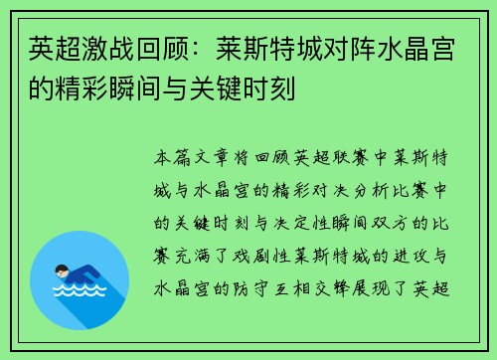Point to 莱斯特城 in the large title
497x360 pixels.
[x=269, y=49]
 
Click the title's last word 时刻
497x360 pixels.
[x=269, y=89]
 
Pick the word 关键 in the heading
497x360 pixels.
[x=216, y=89]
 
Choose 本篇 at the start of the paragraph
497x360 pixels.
[x=172, y=158]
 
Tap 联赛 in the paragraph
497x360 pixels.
[x=350, y=158]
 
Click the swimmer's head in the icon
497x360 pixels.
[x=62, y=271]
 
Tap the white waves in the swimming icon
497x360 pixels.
[x=80, y=289]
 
